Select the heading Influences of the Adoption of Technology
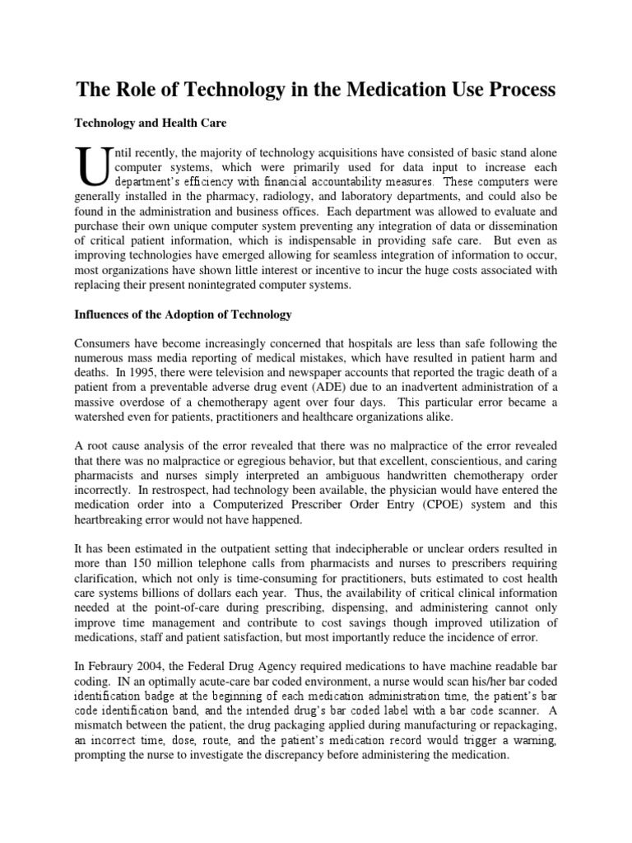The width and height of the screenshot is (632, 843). coord(179,315)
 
